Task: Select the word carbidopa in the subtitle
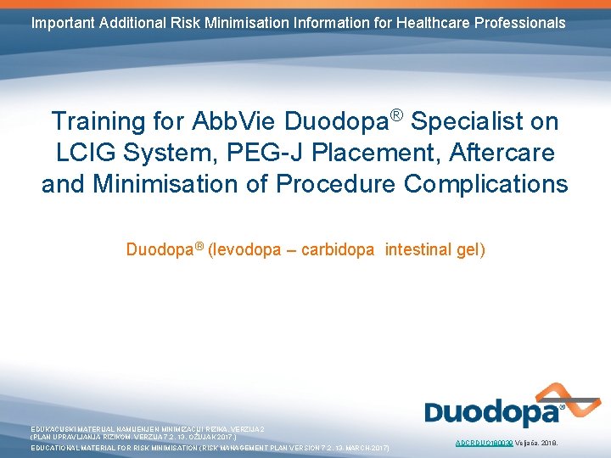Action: tap(338, 249)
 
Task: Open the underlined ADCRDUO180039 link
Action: tap(485, 443)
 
